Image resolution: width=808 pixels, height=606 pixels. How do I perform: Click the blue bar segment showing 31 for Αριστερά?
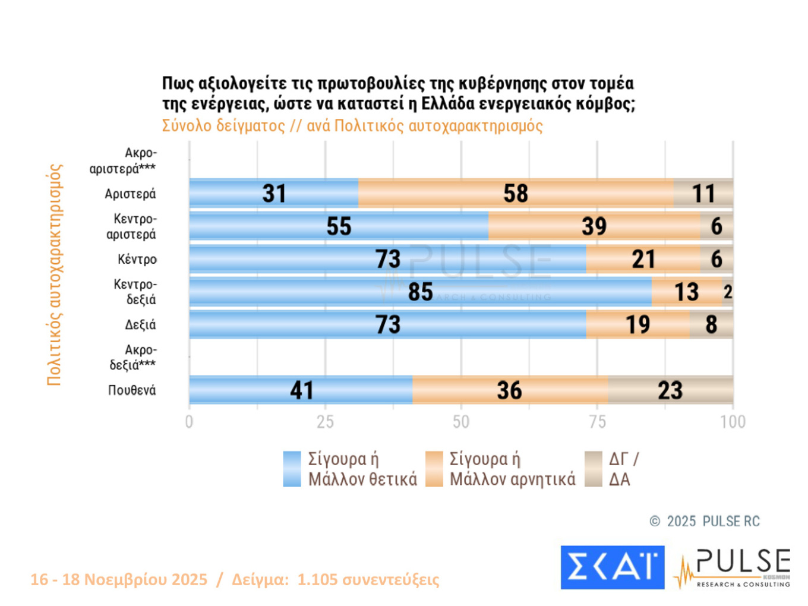point(274,193)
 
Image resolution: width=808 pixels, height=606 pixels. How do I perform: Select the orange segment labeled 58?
point(516,193)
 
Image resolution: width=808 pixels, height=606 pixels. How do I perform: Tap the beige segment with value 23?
point(670,390)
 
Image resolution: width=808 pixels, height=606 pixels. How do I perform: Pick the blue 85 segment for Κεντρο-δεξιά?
point(420,292)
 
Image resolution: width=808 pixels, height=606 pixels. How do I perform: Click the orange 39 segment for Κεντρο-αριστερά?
point(594,226)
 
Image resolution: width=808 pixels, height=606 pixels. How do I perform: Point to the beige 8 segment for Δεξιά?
point(711,324)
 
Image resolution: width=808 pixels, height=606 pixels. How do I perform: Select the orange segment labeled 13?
point(686,292)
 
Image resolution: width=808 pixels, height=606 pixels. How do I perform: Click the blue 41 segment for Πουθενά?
point(301,390)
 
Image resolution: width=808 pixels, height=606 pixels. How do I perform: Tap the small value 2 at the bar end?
point(728,292)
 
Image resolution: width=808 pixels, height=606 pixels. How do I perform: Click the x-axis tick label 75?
point(597,422)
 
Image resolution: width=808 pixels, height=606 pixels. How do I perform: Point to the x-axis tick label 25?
point(325,422)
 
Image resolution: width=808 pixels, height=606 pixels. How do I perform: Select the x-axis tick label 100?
point(733,422)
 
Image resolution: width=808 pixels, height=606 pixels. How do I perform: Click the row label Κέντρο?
point(137,260)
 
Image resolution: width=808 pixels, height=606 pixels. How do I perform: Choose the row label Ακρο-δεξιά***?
point(133,357)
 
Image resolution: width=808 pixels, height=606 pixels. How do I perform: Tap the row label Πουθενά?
point(132,390)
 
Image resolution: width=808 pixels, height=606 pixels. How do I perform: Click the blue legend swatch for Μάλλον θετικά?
point(292,469)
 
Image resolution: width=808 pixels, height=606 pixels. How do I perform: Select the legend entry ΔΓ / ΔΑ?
point(623,469)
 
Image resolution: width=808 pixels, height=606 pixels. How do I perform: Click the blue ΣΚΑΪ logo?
point(612,567)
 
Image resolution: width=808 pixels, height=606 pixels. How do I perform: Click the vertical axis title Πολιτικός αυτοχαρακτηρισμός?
point(54,274)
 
